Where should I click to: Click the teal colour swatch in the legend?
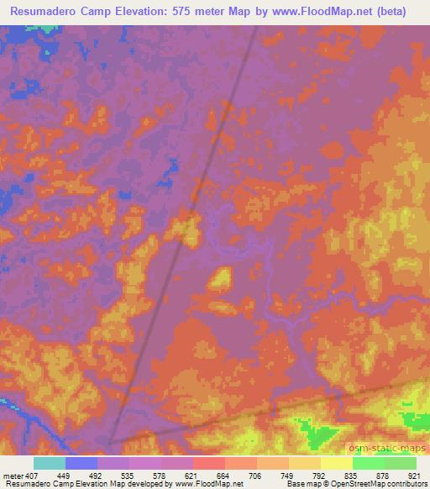[49, 462]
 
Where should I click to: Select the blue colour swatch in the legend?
[81, 462]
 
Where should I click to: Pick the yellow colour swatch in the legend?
[336, 462]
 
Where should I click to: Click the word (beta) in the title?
[400, 12]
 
